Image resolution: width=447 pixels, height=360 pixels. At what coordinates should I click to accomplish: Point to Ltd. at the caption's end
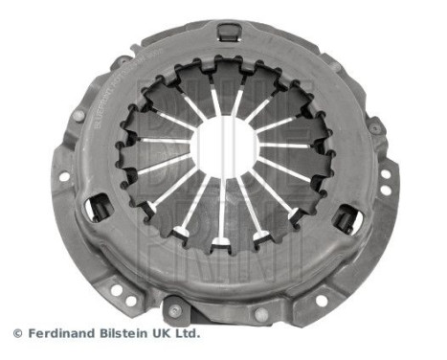(189, 333)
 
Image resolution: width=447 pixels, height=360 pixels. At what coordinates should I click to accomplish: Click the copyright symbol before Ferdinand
(16, 333)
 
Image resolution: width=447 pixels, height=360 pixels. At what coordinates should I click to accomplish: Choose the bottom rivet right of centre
(260, 313)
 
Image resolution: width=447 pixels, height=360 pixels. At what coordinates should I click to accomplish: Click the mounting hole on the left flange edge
(63, 176)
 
